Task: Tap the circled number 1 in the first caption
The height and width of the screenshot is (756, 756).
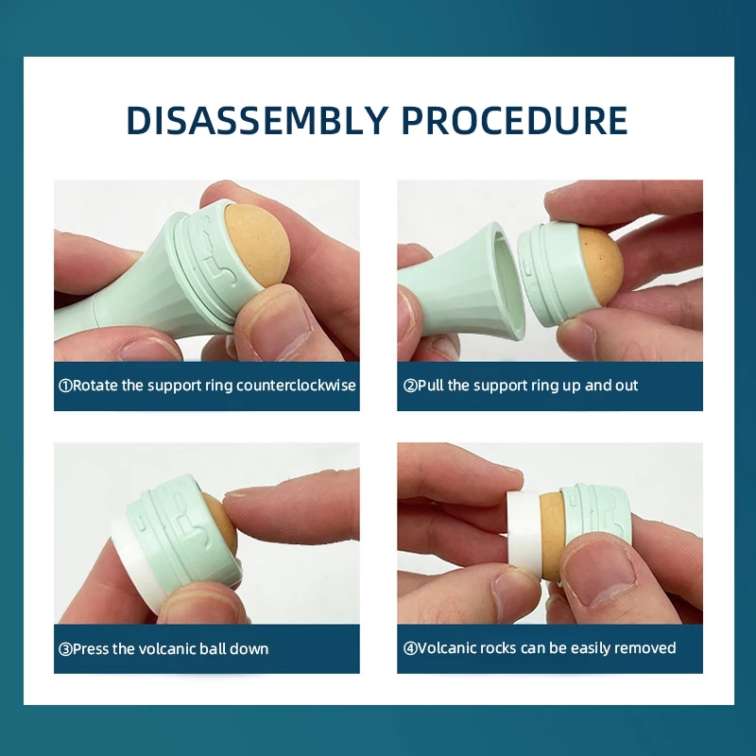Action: [x=65, y=386]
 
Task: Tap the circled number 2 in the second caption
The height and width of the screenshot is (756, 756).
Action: [x=409, y=386]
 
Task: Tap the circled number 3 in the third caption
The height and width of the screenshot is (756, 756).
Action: [x=65, y=648]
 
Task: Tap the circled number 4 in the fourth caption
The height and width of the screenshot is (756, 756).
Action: [x=409, y=648]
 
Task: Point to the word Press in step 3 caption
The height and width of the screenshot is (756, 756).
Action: [x=91, y=648]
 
